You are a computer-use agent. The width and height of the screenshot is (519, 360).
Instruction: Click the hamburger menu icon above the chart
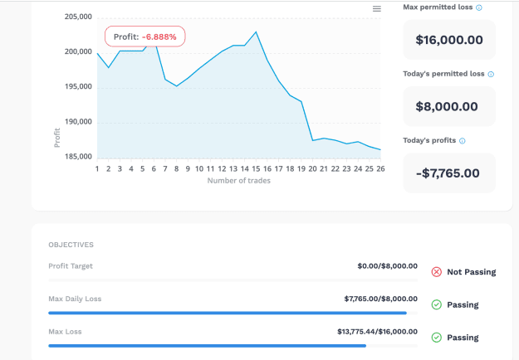point(377,8)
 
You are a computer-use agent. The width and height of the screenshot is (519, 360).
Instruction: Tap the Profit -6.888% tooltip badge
point(145,36)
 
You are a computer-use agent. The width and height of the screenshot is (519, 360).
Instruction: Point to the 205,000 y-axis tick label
point(78,17)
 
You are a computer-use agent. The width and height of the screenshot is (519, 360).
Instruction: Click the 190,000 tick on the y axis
point(78,122)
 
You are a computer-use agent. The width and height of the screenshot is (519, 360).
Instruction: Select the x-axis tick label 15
point(256,169)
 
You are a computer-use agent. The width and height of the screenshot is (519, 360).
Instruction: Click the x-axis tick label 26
point(380,169)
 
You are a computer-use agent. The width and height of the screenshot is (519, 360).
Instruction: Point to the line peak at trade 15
point(256,32)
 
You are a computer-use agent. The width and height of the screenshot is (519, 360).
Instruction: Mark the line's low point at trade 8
point(176,86)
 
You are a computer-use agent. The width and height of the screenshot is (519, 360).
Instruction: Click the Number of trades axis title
point(238,181)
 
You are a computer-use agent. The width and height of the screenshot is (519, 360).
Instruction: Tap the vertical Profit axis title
point(57,138)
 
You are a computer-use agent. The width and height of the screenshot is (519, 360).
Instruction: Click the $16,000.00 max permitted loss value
point(449,40)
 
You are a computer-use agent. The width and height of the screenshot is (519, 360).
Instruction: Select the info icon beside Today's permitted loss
point(491,74)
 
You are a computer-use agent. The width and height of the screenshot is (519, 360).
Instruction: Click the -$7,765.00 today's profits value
point(448,173)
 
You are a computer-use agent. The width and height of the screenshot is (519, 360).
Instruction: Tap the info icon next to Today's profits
point(462,141)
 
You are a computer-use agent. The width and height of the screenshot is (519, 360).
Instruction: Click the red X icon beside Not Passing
point(437,272)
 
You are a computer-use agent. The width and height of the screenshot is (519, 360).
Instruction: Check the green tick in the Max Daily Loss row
point(437,304)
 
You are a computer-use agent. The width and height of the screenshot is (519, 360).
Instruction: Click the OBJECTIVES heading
point(71,245)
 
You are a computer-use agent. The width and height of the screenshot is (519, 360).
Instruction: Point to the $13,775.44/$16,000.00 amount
point(377,332)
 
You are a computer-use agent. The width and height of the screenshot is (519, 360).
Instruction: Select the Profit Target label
point(71,266)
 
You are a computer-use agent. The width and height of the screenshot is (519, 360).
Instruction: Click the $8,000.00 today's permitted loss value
point(447,106)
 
